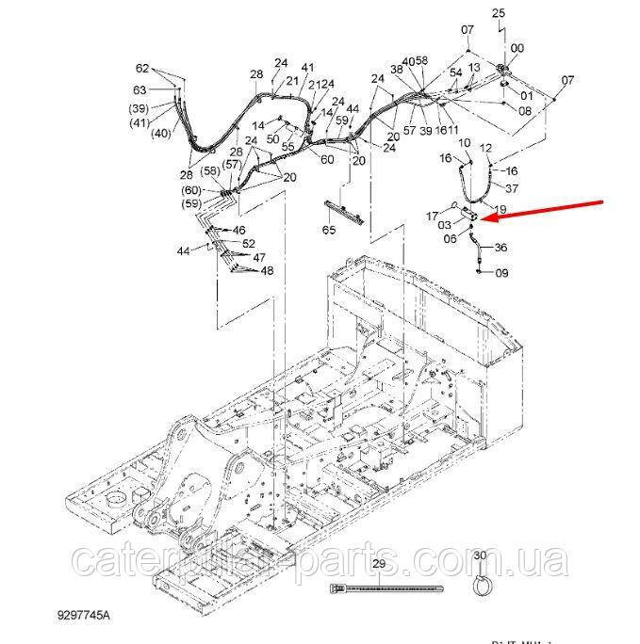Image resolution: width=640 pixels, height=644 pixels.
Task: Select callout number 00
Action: [517, 48]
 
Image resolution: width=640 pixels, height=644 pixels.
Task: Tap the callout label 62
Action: [142, 68]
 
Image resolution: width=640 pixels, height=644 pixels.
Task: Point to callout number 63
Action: [140, 90]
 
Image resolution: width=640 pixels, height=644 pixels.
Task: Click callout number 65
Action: [329, 230]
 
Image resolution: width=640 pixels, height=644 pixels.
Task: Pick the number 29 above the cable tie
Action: [379, 564]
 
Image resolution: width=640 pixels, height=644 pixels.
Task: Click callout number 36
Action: [501, 248]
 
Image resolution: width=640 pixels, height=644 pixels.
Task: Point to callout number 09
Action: [501, 273]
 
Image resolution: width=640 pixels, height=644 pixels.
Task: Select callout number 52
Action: [248, 243]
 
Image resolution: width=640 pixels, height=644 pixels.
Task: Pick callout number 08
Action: [524, 110]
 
